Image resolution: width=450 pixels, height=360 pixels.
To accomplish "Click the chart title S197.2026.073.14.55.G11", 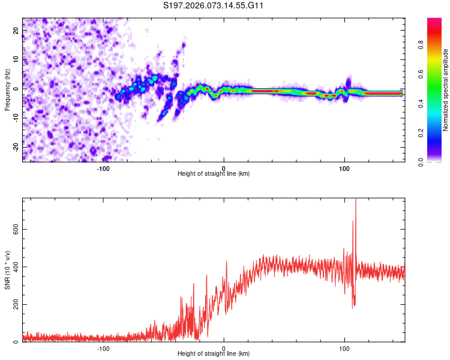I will pyautogui.click(x=214, y=6).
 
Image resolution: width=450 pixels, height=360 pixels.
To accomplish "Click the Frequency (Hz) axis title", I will pyautogui.click(x=7, y=89).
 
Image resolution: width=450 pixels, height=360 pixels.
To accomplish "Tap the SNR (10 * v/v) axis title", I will pyautogui.click(x=7, y=269).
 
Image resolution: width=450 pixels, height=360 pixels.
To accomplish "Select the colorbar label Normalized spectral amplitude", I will pyautogui.click(x=445, y=89).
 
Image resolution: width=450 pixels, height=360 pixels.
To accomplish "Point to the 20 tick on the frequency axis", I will pyautogui.click(x=16, y=29).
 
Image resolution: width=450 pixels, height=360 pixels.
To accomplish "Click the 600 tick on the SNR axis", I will pyautogui.click(x=14, y=229).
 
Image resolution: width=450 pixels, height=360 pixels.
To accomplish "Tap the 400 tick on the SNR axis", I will pyautogui.click(x=14, y=267).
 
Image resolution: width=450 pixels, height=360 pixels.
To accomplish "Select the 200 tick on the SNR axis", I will pyautogui.click(x=14, y=305).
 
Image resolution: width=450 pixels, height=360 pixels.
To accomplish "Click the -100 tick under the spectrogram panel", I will pyautogui.click(x=103, y=168).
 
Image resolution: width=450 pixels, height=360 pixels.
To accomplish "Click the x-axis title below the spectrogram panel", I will pyautogui.click(x=214, y=174).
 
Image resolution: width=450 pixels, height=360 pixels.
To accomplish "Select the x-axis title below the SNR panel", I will pyautogui.click(x=214, y=354).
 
